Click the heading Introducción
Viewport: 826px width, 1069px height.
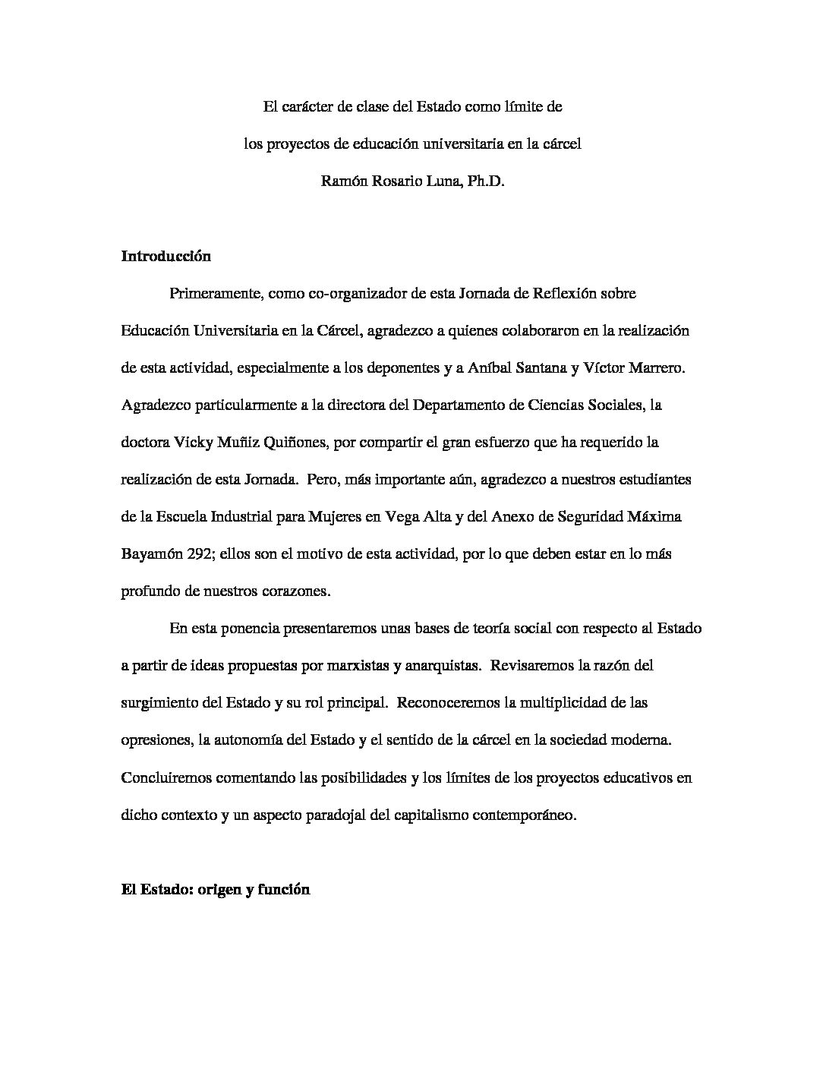[166, 257]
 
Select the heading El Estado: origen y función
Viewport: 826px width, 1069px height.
[216, 890]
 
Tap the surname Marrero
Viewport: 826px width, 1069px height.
[657, 368]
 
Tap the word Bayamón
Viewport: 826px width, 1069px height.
[152, 554]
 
